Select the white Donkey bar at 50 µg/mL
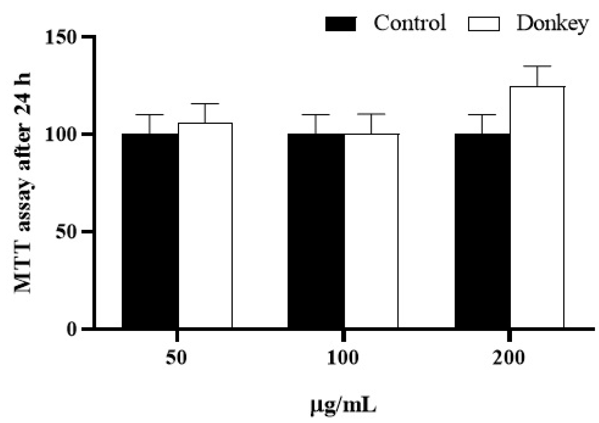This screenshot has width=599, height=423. pyautogui.click(x=205, y=225)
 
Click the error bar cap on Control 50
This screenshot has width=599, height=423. pyautogui.click(x=150, y=115)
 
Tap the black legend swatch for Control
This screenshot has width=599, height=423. pyautogui.click(x=340, y=24)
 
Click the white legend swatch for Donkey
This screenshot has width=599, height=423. pyautogui.click(x=484, y=24)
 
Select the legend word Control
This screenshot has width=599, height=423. pyautogui.click(x=409, y=23)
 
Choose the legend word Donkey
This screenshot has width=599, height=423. pyautogui.click(x=552, y=23)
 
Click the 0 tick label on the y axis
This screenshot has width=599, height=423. pyautogui.click(x=71, y=329)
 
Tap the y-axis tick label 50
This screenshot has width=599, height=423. pyautogui.click(x=65, y=232)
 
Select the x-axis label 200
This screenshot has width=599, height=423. pyautogui.click(x=509, y=358)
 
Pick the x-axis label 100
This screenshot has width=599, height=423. pyautogui.click(x=343, y=358)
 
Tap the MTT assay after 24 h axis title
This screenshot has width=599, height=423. pyautogui.click(x=23, y=183)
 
